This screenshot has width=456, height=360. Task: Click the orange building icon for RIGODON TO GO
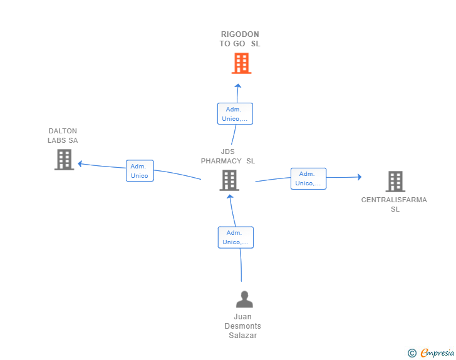pyautogui.click(x=241, y=63)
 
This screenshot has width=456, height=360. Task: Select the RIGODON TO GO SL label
pyautogui.click(x=240, y=39)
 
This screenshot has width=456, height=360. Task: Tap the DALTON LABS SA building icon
pyautogui.click(x=65, y=160)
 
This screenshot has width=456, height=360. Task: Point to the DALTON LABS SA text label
pyautogui.click(x=63, y=135)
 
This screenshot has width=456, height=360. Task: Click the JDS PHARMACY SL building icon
pyautogui.click(x=229, y=180)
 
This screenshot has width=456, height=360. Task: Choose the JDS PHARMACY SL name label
pyautogui.click(x=228, y=156)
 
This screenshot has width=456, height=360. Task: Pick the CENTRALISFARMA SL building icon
pyautogui.click(x=395, y=182)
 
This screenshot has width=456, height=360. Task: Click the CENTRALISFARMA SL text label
pyautogui.click(x=394, y=205)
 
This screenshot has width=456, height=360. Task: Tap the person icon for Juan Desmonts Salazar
pyautogui.click(x=244, y=299)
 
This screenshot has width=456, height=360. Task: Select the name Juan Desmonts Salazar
pyautogui.click(x=243, y=326)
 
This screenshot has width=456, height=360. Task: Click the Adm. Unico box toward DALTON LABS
pyautogui.click(x=140, y=171)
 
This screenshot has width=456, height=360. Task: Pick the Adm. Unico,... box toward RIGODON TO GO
pyautogui.click(x=235, y=114)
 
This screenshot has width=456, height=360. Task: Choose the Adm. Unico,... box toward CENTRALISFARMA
pyautogui.click(x=309, y=178)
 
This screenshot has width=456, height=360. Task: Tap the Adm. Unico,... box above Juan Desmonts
pyautogui.click(x=236, y=237)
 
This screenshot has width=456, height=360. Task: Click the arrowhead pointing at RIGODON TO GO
pyautogui.click(x=238, y=86)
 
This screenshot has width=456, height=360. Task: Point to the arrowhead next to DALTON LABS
pyautogui.click(x=80, y=163)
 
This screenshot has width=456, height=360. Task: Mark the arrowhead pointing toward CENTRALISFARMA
pyautogui.click(x=360, y=177)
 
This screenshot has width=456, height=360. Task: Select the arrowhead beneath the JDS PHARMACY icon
pyautogui.click(x=230, y=197)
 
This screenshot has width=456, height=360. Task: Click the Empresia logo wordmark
pyautogui.click(x=437, y=352)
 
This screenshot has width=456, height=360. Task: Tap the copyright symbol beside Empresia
pyautogui.click(x=412, y=353)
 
